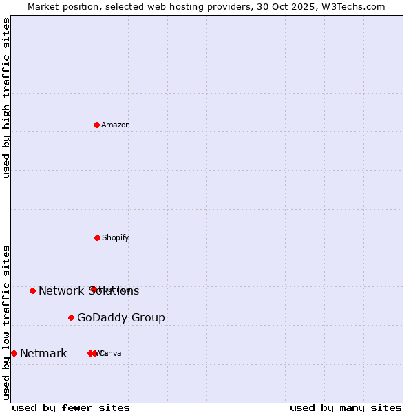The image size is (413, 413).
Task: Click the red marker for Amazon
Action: pos(97,125)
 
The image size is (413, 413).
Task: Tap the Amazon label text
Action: pos(116,125)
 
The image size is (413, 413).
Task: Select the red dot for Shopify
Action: pos(97,237)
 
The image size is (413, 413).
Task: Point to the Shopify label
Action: pos(116,237)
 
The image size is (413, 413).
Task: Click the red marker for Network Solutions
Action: pos(32,290)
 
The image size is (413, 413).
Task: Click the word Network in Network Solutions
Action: pos(61,291)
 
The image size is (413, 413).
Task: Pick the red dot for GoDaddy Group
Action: pos(71,317)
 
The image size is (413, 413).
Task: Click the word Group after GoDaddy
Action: pos(150,318)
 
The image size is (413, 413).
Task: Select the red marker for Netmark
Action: pos(14,353)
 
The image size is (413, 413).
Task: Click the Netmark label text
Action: pos(43,354)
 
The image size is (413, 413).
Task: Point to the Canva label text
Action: pos(111,353)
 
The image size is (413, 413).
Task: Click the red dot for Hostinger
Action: pos(92,289)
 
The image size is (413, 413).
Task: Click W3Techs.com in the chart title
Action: pos(352,6)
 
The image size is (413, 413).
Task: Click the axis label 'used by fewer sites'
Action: pos(71,407)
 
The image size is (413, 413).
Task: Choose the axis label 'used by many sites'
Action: pos(346,407)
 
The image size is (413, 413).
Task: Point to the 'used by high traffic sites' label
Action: pos(6,98)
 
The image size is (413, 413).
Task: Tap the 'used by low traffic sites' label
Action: pos(6,322)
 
